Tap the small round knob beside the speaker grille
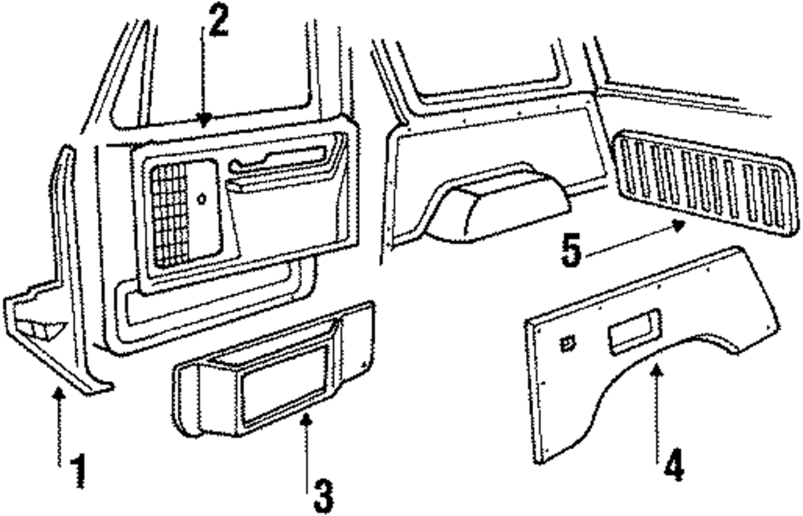click(200, 198)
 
